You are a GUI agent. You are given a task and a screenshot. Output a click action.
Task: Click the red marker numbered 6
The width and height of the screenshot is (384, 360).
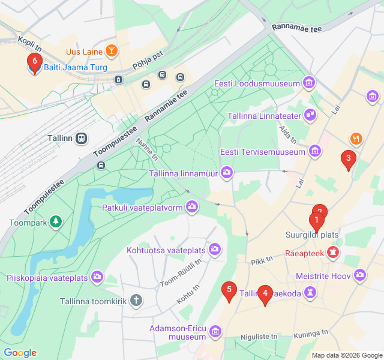35,61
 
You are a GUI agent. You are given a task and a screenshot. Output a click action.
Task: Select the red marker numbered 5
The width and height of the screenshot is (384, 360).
228,291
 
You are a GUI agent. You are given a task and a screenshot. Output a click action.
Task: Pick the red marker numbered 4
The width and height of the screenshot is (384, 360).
265,293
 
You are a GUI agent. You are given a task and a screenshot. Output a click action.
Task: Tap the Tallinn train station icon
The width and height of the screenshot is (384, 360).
82,139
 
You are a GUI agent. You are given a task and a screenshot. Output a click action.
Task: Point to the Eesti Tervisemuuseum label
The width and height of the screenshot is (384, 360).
263,152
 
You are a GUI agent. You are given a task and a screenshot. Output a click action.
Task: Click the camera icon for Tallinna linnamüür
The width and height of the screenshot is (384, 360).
227,173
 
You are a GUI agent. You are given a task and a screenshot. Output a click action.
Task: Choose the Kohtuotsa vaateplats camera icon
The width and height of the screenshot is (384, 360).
215,249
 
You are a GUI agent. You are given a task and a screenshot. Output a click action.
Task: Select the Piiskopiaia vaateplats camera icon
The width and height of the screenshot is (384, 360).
97,278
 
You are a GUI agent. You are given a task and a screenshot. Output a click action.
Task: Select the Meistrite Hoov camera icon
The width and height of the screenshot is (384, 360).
360,275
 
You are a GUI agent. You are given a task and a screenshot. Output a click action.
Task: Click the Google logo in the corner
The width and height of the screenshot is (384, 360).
20,353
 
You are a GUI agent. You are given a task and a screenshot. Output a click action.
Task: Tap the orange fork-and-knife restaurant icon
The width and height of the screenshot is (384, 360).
356,139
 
